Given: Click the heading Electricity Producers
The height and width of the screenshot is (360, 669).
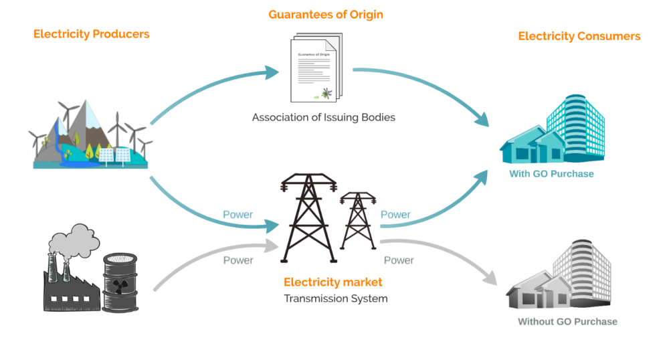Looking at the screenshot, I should coord(91,33).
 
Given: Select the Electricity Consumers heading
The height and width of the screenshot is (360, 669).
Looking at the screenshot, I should coord(579,36).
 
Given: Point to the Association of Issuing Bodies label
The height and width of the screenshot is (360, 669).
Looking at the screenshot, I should coord(323,117).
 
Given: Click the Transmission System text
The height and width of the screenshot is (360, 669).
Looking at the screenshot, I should coord(335,298).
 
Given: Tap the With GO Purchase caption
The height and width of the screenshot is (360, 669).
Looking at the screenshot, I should coord(551,174).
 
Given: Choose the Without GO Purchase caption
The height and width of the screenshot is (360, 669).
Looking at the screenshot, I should coord(567,322).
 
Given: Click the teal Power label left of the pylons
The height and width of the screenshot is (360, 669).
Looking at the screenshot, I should coord(237,215).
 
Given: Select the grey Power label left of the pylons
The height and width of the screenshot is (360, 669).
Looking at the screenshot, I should coord(238,260).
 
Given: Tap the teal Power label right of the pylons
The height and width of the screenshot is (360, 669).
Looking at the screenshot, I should coord(395,215).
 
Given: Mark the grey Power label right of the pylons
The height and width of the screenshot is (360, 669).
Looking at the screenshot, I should coord(399,260).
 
